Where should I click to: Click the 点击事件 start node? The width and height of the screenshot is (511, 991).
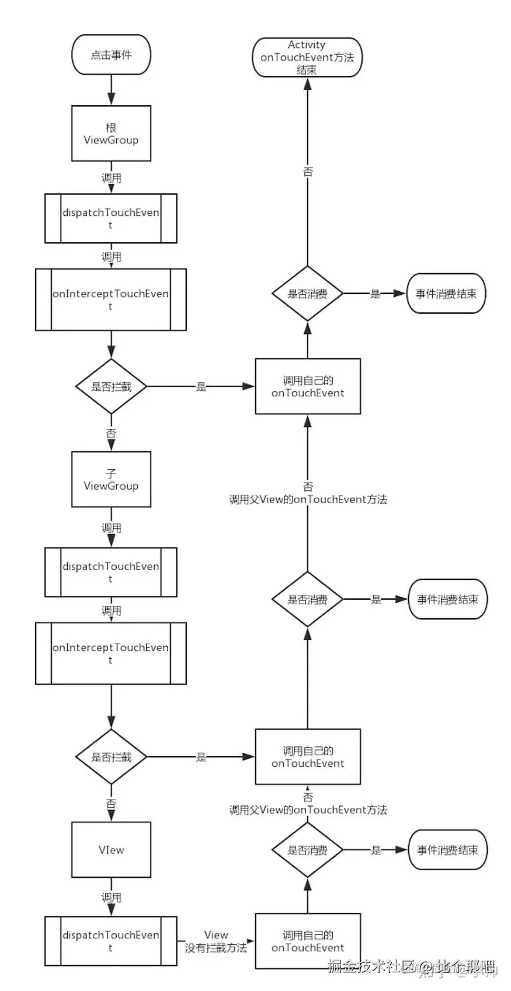(111, 55)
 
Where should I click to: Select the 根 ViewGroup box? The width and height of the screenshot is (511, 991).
(111, 134)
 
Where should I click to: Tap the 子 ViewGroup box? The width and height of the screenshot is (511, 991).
(111, 479)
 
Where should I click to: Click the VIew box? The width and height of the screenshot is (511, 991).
(111, 850)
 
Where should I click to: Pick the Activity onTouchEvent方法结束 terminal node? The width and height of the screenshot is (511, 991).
(307, 57)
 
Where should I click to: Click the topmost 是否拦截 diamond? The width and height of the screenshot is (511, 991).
(111, 386)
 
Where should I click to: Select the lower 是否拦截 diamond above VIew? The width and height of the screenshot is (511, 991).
(111, 757)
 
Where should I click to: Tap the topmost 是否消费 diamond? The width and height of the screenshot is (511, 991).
(307, 294)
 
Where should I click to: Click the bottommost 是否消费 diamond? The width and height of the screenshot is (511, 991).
(307, 850)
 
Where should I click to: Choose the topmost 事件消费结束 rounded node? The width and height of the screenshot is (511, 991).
(446, 294)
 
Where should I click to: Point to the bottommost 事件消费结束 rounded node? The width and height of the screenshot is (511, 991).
(447, 850)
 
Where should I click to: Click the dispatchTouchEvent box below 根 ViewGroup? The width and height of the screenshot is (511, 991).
(111, 218)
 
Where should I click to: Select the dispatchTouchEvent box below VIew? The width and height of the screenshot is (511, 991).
(111, 941)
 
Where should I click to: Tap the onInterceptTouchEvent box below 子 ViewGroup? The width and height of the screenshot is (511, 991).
(111, 653)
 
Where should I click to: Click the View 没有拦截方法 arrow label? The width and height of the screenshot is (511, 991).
(215, 941)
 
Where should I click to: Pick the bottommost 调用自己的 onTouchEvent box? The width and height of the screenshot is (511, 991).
(307, 941)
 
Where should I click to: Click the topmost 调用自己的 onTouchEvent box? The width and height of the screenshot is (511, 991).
(307, 386)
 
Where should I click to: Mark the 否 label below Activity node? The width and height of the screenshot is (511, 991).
(308, 172)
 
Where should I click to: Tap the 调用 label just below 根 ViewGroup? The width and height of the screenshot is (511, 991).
(111, 178)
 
